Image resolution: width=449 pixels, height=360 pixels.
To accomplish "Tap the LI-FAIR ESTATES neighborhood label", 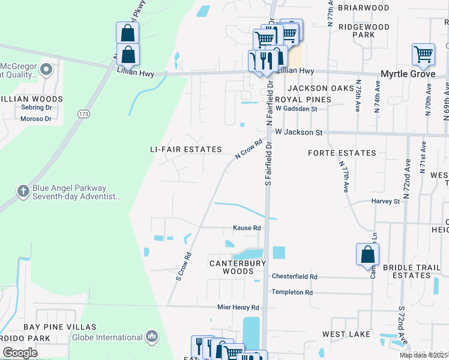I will coord(186,149).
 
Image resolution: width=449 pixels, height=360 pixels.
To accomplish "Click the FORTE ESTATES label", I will coord(342,153).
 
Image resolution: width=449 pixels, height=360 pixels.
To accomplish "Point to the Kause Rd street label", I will coord(247,228).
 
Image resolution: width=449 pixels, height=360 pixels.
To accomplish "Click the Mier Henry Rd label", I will coord(238,307).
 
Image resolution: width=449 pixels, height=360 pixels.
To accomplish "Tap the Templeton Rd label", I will coord(292,292).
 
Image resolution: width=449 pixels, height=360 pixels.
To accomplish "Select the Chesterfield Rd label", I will coord(294,277).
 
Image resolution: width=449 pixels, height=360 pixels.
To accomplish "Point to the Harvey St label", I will coord(385,202).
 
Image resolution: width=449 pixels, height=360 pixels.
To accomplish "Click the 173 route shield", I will coord(83,113).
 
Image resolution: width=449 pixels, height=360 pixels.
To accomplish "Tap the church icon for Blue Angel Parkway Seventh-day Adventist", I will coord(23,191).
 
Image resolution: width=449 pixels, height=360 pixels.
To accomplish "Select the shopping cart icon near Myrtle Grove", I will coord(423,55).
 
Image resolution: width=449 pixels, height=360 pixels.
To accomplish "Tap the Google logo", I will coord(20,353).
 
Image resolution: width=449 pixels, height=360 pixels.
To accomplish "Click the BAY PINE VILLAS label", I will coord(59,327).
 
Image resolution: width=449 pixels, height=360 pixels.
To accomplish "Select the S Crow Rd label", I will coord(184,266).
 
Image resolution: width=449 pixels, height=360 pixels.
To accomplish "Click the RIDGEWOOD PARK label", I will coord(364,31).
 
